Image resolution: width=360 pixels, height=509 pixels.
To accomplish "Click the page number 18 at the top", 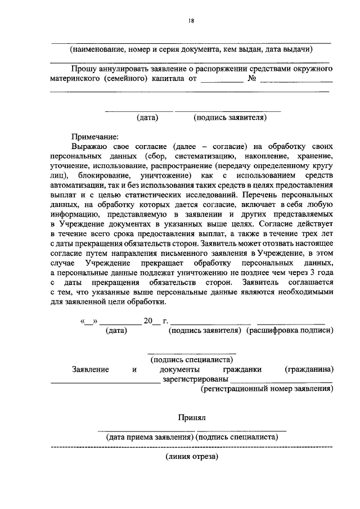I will point(191,21).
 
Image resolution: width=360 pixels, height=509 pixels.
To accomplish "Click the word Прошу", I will point(83,68).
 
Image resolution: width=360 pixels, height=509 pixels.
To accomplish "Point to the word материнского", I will point(75,79).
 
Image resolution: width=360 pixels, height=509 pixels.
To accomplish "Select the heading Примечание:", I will point(94,136).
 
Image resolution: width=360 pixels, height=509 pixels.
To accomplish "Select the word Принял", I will point(193,418).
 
